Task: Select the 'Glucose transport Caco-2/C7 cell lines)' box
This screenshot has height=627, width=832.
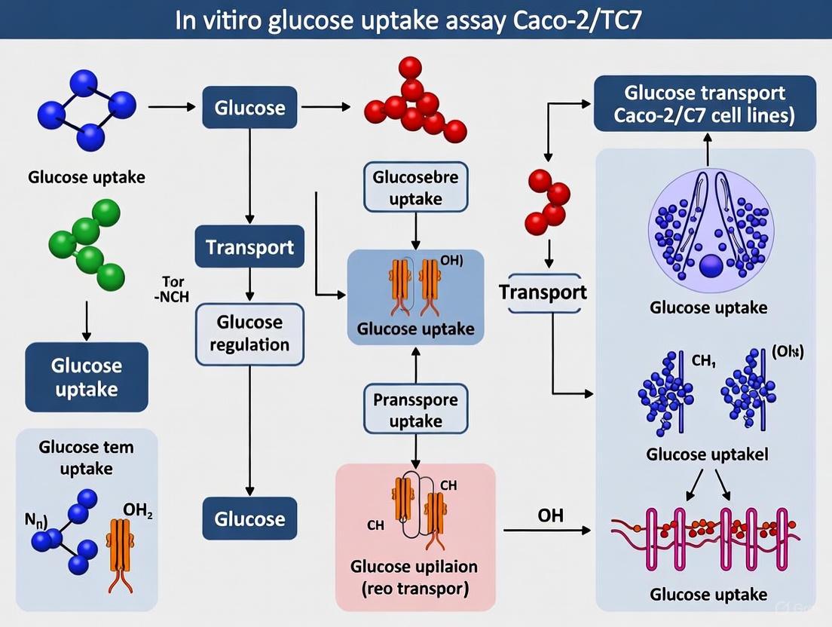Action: [705, 104]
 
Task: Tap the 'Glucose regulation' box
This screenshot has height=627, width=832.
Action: [249, 333]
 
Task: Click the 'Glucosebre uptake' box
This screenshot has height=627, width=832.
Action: [415, 188]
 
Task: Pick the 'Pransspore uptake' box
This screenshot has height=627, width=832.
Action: [415, 410]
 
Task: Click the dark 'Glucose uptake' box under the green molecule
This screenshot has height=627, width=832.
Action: [86, 378]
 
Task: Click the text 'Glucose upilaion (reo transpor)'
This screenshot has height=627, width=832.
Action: [414, 577]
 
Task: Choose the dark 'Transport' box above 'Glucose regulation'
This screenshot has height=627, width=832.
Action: [249, 247]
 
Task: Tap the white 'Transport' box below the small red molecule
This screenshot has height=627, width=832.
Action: [543, 292]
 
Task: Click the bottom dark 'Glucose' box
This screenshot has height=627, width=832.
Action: [249, 519]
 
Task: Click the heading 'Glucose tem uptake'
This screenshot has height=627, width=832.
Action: [86, 457]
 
